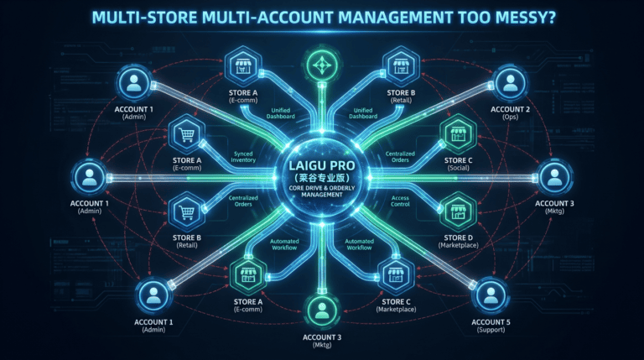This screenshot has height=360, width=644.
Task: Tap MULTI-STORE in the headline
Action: [144, 18]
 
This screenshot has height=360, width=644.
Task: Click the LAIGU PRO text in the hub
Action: [322, 165]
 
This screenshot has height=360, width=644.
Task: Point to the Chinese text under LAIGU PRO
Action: [322, 178]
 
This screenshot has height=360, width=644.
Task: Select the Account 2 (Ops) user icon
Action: [510, 83]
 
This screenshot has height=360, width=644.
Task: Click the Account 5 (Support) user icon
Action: [491, 296]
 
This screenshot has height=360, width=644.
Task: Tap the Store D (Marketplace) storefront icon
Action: [458, 211]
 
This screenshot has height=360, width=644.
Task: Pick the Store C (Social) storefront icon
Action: [458, 134]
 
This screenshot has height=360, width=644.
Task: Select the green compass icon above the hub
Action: [322, 65]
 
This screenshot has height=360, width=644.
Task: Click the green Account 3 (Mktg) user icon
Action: [322, 311]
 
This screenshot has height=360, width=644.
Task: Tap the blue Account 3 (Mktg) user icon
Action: [554, 178]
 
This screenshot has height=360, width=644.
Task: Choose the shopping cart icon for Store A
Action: [187, 134]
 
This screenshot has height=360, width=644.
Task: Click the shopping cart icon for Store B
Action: [187, 211]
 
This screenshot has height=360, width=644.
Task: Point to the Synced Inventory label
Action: [243, 157]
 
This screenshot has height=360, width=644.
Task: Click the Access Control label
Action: [400, 201]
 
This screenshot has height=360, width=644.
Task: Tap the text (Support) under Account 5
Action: [491, 330]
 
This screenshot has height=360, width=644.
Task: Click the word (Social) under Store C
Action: [459, 168]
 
